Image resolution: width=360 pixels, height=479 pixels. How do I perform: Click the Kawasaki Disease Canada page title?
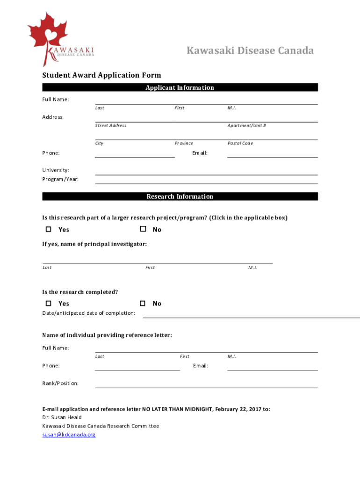click(x=250, y=51)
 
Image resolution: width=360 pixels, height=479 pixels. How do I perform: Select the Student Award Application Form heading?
click(x=101, y=75)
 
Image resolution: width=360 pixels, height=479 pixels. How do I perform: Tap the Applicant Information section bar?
click(x=180, y=87)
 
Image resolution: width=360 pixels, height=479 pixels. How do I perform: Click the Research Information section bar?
click(x=180, y=196)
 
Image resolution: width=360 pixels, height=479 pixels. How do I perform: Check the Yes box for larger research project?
click(x=48, y=229)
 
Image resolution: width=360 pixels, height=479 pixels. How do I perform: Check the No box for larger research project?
click(x=143, y=229)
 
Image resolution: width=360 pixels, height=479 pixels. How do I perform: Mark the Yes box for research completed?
click(x=48, y=303)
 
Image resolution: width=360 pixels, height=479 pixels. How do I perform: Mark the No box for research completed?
click(x=143, y=303)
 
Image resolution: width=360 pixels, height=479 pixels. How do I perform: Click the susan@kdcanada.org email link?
click(x=69, y=435)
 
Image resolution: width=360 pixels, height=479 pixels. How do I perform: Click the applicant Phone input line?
click(x=135, y=154)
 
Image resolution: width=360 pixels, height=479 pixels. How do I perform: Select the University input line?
click(x=206, y=172)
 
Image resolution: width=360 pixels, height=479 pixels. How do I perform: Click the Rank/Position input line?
click(x=206, y=385)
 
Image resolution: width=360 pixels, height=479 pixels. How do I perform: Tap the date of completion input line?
click(x=251, y=314)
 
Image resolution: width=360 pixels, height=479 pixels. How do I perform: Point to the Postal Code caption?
click(x=240, y=143)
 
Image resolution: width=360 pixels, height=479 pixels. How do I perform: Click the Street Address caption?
click(x=111, y=125)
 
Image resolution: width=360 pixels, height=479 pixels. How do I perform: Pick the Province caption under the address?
click(x=184, y=143)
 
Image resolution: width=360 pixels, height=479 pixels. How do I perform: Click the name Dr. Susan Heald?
click(x=62, y=417)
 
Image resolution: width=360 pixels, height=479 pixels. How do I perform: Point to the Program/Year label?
click(x=60, y=179)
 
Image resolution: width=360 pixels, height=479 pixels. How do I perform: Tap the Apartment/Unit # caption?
click(x=247, y=125)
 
